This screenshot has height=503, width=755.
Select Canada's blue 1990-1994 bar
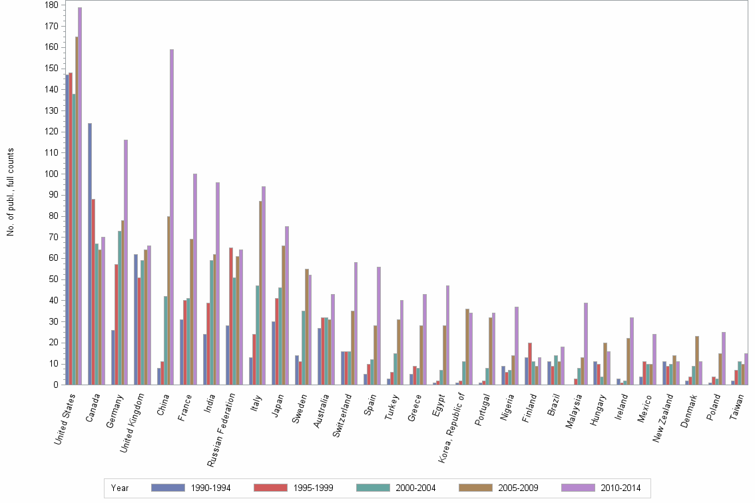[90, 253]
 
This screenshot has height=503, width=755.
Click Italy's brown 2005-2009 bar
[260, 293]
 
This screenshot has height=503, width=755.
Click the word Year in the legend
[120, 488]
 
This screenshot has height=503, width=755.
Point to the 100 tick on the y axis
[51, 174]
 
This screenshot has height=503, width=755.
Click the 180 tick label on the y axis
[51, 5]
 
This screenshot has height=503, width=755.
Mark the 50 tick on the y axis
[53, 279]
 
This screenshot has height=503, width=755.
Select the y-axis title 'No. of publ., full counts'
[11, 192]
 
